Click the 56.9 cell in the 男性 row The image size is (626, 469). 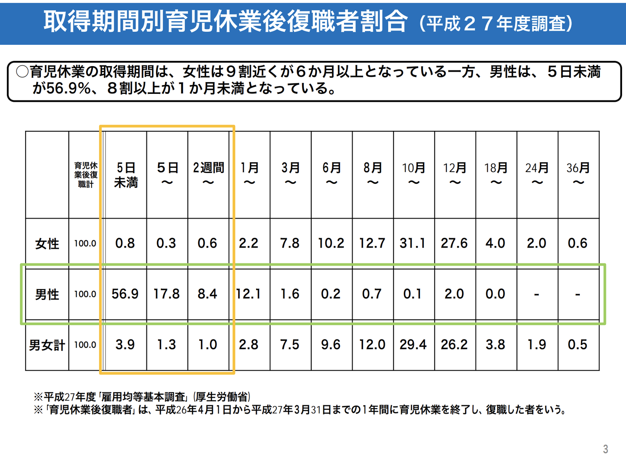tap(125, 294)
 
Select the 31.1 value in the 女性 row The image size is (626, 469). tap(413, 243)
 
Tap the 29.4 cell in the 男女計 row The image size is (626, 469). tap(413, 345)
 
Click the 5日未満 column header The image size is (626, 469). tap(126, 175)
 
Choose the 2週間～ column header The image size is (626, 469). tap(208, 175)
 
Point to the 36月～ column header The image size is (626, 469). tap(578, 175)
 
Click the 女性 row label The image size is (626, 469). tap(47, 243)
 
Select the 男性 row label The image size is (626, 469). tap(47, 294)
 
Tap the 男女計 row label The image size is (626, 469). tap(47, 345)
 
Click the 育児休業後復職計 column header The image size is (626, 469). tap(86, 175)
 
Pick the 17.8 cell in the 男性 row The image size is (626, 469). tap(166, 294)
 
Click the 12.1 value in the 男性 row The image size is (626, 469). tap(248, 294)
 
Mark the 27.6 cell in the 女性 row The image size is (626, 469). tap(454, 243)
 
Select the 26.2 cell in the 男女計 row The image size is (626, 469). tap(454, 345)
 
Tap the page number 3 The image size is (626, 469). tap(605, 449)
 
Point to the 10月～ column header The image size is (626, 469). tap(413, 175)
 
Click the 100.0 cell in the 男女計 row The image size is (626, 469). tap(85, 345)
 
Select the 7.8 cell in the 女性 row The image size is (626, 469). tap(290, 243)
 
